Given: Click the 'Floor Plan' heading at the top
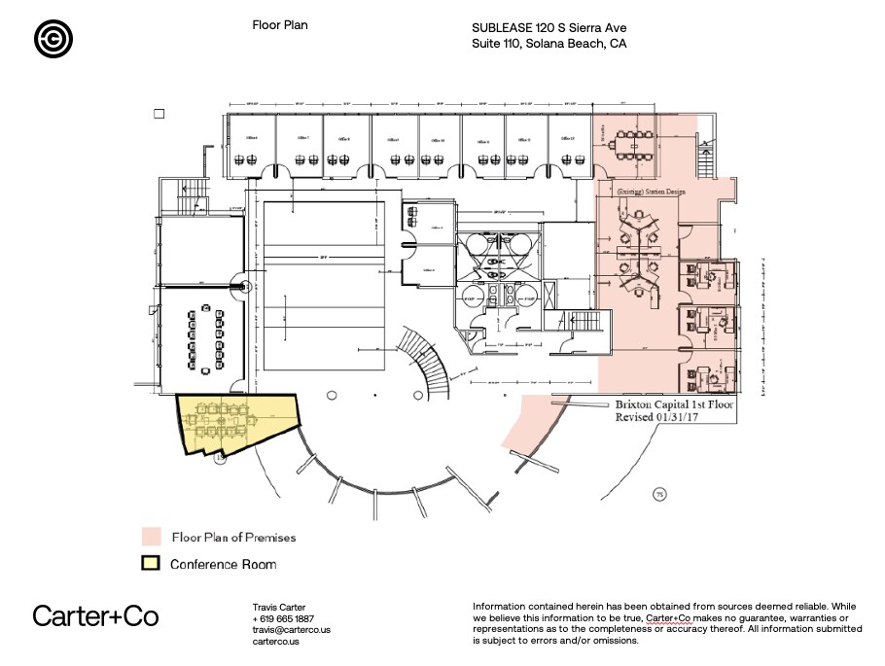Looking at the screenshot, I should pos(280,25).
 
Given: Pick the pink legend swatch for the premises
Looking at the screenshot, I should pos(151,537).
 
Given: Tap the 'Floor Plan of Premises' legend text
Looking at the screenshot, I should pos(233,537).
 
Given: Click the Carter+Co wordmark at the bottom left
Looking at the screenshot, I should pos(95,615).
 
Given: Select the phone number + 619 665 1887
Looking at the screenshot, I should pos(283,618).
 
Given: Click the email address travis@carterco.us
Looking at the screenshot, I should pos(292,630).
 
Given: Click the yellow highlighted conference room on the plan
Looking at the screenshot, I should pos(234,419).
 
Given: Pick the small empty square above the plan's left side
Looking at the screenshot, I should pos(159,114).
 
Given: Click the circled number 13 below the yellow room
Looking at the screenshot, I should pos(221,454).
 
